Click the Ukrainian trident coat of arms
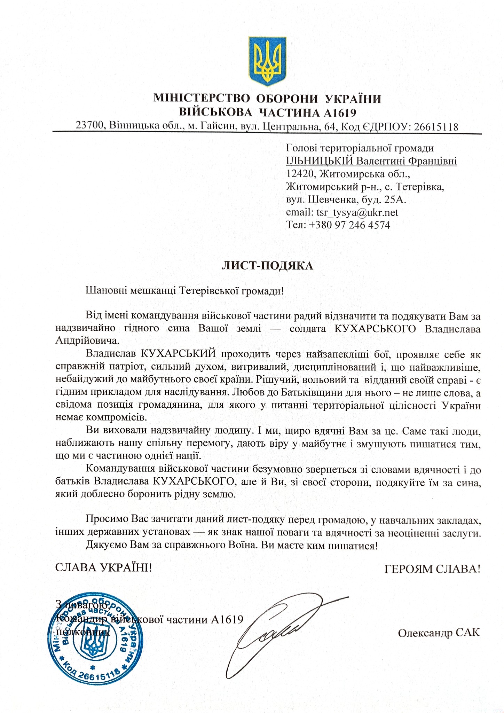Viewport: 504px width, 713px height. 267,61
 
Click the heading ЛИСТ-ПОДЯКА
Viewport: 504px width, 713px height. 267,266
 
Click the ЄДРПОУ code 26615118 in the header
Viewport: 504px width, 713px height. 436,126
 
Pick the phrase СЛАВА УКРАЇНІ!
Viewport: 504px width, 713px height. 104,568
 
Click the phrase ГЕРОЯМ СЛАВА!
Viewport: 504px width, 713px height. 432,569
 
